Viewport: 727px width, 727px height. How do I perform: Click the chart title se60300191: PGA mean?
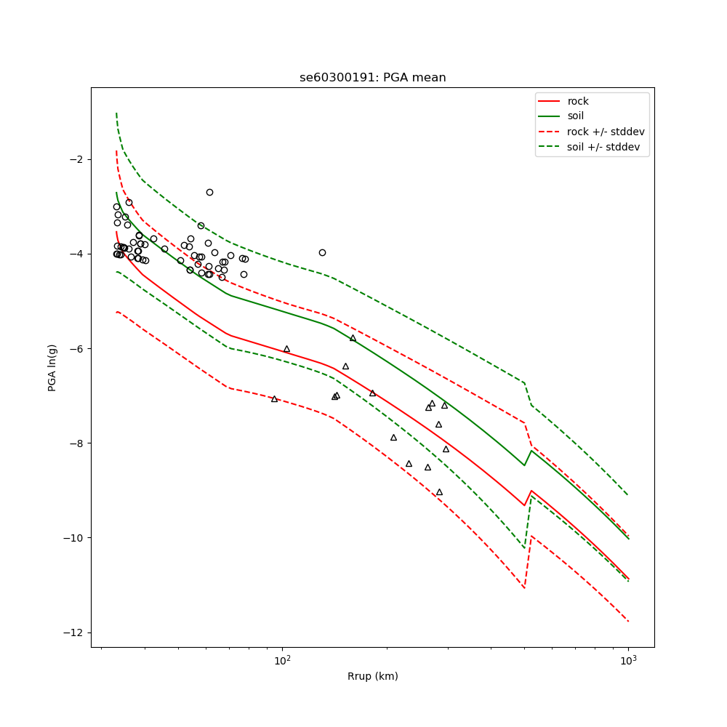[372, 78]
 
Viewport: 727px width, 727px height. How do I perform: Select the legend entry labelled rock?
[578, 102]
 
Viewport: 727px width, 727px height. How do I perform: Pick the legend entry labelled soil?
[575, 116]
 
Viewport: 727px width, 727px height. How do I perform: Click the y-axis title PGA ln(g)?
[52, 367]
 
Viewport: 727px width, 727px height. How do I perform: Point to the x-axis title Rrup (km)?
[372, 677]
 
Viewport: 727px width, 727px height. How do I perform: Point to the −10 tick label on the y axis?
[73, 538]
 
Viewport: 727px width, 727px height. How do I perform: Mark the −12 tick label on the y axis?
[73, 632]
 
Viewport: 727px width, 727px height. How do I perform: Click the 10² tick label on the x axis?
[282, 659]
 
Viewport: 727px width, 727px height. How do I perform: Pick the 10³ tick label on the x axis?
[628, 659]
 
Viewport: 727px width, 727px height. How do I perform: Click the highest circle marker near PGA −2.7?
[209, 192]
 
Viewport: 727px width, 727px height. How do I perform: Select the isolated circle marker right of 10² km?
[322, 252]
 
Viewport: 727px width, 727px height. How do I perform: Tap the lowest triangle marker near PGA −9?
[439, 492]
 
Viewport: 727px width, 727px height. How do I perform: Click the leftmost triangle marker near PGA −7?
[274, 399]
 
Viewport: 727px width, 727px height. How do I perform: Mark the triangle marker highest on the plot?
[353, 338]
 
